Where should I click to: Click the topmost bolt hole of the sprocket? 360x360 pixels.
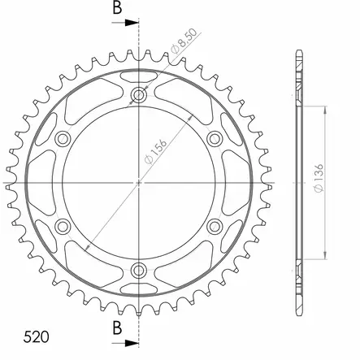pyautogui.click(x=140, y=96)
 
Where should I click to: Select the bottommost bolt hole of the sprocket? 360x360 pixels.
pyautogui.click(x=140, y=269)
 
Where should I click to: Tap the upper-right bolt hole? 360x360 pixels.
pyautogui.click(x=215, y=139)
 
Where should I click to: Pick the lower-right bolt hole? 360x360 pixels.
pyautogui.click(x=215, y=225)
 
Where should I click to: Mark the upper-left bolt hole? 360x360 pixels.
pyautogui.click(x=64, y=139)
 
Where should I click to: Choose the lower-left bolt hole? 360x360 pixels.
pyautogui.click(x=64, y=225)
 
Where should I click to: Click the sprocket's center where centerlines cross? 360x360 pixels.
pyautogui.click(x=140, y=182)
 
